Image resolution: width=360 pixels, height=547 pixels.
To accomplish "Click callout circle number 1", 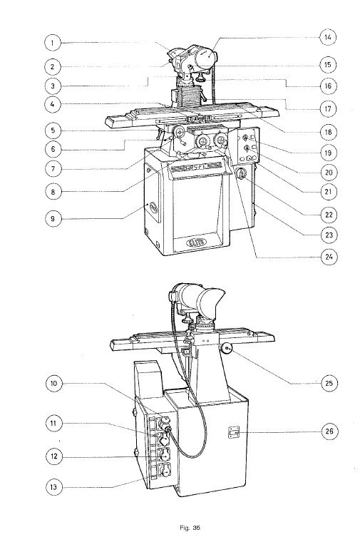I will pos(53,43).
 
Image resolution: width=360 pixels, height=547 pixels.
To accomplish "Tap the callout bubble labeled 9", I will pos(53,219).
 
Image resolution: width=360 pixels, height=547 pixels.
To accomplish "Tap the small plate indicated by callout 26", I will pos(234,431).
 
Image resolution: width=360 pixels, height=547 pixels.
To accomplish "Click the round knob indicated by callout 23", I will pos(242,174).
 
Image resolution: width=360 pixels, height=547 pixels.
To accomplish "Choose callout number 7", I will pos(53,170).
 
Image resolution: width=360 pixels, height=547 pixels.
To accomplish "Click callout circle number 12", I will pos(53,455).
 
